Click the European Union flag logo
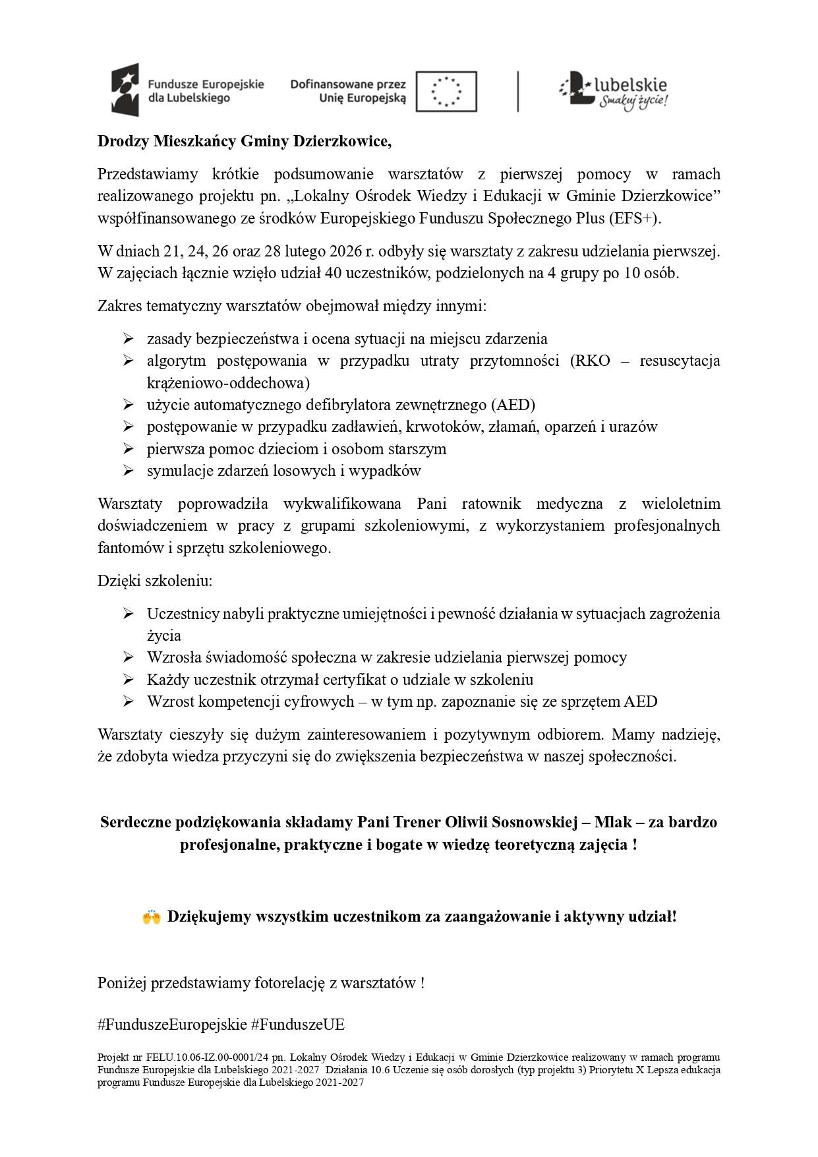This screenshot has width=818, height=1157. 448,91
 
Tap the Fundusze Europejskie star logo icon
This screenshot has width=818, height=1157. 125,90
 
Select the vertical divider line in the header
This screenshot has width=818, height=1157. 518,91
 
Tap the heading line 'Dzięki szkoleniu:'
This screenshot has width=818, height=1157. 155,581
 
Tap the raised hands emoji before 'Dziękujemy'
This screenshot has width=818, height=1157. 152,917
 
